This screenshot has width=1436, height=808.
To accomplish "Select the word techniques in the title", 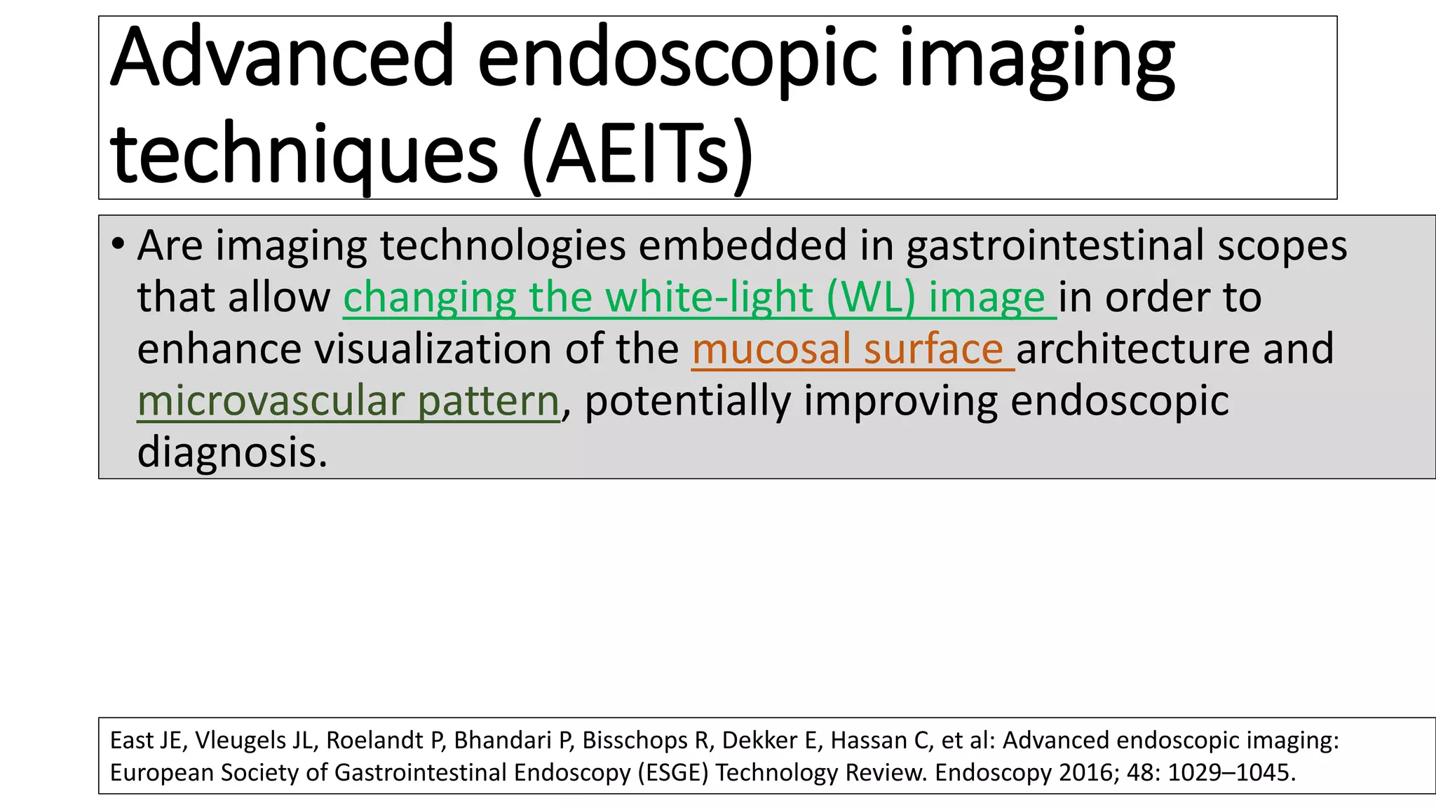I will [x=304, y=154].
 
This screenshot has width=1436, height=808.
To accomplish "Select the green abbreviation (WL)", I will [x=871, y=297].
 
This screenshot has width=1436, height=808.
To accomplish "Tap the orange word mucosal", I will [x=771, y=349].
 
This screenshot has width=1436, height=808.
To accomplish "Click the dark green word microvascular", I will [x=270, y=401].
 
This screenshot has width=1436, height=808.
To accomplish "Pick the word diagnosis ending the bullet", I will [x=232, y=452].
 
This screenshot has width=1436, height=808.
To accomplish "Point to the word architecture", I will [x=1132, y=349].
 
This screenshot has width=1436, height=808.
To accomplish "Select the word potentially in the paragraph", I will [x=688, y=401].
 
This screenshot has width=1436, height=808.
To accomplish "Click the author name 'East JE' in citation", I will [x=145, y=741].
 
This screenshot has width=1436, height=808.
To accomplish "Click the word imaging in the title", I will [x=1036, y=58].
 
